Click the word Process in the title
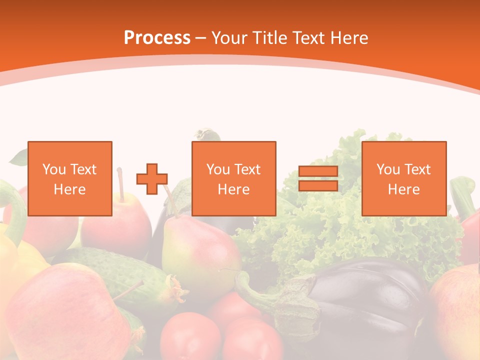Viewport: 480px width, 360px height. point(157,37)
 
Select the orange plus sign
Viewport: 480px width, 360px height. point(152,179)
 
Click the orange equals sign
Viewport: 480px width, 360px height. point(318,178)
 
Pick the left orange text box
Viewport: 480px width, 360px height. point(70,178)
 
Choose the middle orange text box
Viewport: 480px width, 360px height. point(233,178)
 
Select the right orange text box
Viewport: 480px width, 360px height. point(403,178)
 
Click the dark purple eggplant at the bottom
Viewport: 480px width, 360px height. point(370,300)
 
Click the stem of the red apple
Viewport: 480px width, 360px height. point(120,183)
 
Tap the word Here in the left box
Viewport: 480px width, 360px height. point(70,189)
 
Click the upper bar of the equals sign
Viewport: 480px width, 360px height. point(318,171)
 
